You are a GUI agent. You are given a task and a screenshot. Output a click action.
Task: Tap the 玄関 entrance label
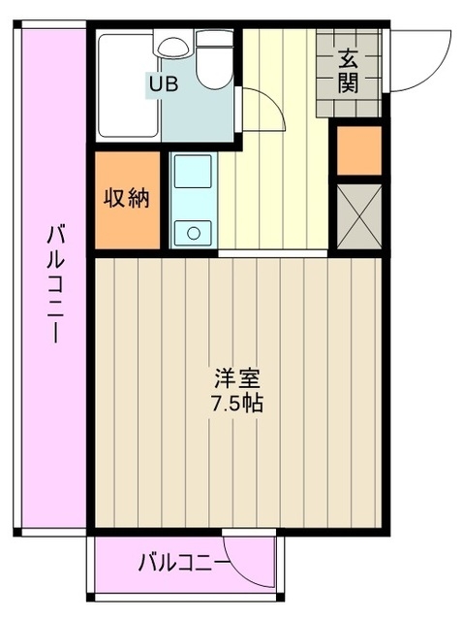tap(349, 70)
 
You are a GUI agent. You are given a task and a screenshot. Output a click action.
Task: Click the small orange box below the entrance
tap(358, 150)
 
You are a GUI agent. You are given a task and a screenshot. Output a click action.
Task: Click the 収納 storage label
tap(127, 198)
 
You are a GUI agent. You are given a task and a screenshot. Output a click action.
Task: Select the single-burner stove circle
tap(194, 232)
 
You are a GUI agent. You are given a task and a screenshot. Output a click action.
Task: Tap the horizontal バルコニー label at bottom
tap(182, 561)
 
